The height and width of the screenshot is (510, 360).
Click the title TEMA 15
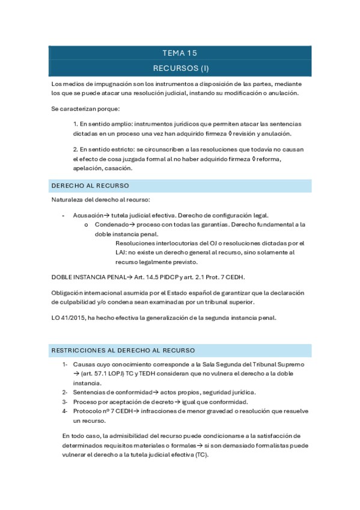point(180,53)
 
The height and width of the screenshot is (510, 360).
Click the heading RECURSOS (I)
point(180,68)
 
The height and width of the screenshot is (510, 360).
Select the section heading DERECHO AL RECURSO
point(90,186)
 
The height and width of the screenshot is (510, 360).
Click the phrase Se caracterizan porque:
point(85,109)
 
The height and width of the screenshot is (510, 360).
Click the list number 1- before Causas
point(64,364)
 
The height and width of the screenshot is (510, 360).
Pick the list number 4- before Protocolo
point(64,411)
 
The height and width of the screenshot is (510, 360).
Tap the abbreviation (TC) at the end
point(203,455)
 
